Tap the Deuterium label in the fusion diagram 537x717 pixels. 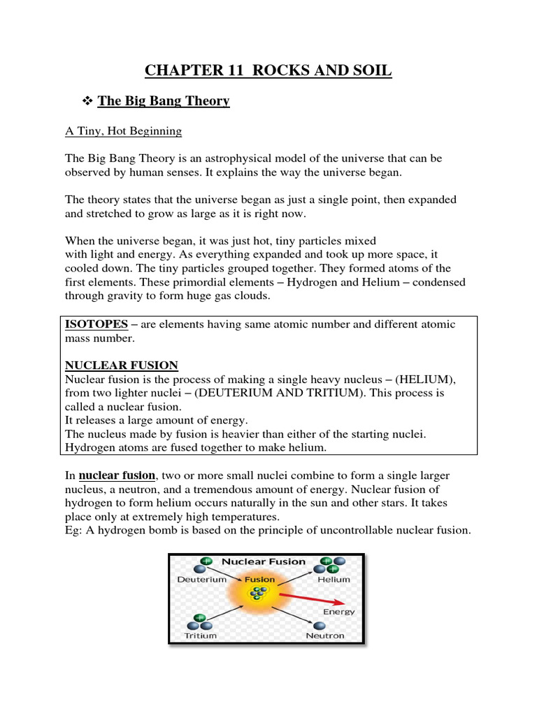[201, 580]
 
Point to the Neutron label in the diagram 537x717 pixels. [325, 636]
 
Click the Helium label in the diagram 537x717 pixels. [333, 580]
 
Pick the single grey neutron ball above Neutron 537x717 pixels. [320, 625]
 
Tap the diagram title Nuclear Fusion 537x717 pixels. [264, 561]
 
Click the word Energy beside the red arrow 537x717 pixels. [339, 611]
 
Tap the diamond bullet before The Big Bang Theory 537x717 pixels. [87, 102]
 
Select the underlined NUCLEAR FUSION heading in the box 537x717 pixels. [121, 365]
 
